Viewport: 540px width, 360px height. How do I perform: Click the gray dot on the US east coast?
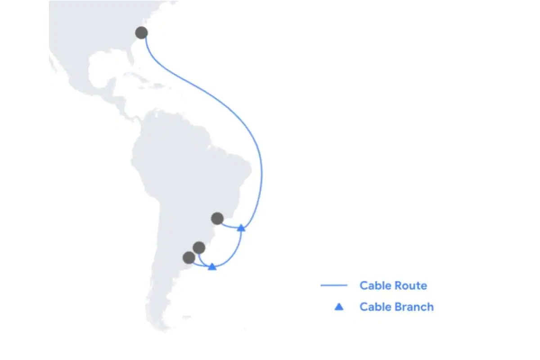click(x=141, y=32)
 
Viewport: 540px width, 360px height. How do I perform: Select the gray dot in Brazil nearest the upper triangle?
click(x=217, y=218)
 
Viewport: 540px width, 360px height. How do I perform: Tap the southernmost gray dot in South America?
click(x=189, y=258)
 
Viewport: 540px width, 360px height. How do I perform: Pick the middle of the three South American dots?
click(x=199, y=247)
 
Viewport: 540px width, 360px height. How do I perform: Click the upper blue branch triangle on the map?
click(x=241, y=228)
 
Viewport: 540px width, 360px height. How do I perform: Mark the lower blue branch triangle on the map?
click(x=212, y=267)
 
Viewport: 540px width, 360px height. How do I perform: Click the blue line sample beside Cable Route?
click(x=334, y=285)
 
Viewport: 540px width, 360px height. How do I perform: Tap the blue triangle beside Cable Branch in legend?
click(x=339, y=307)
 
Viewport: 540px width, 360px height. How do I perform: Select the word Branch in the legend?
click(x=414, y=307)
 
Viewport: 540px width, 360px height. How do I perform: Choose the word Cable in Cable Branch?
click(x=376, y=307)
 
